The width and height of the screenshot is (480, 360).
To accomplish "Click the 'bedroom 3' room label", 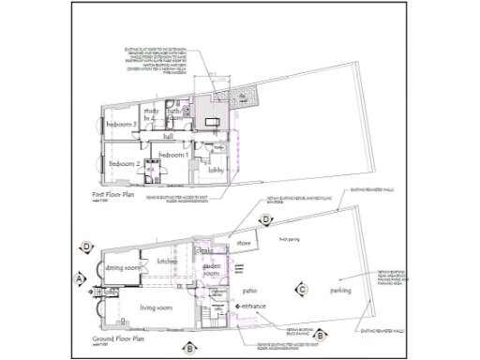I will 122,125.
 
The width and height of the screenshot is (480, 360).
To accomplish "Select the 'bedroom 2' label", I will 124,164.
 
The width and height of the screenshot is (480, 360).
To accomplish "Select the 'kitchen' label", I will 167,261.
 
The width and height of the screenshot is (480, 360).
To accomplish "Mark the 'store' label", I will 244,244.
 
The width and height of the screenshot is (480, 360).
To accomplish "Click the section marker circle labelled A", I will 80,277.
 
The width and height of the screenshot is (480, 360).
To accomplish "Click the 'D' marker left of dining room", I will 86,247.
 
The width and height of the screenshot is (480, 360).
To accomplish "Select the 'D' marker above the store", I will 266,221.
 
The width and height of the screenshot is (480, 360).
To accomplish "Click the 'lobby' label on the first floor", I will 217,169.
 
